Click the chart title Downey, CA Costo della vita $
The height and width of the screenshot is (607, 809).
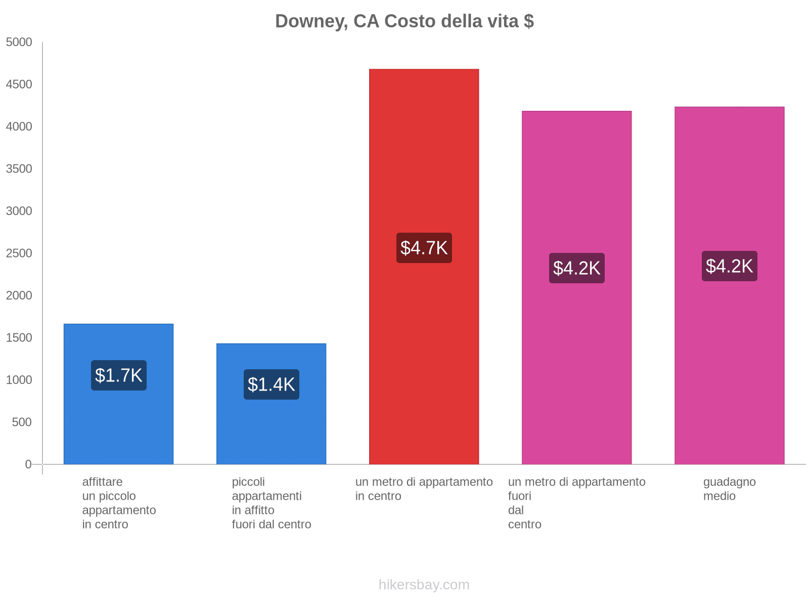click(x=404, y=21)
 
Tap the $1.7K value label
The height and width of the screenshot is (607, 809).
click(x=119, y=375)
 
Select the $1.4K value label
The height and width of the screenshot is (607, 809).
click(x=272, y=384)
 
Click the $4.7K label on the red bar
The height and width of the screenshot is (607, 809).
click(x=424, y=248)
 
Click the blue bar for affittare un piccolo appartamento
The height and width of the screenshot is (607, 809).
click(x=119, y=430)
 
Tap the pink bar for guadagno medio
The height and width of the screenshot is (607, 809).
click(x=729, y=354)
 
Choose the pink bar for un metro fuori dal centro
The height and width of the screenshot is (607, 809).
click(x=576, y=354)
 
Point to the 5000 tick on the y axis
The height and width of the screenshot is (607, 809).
click(x=19, y=42)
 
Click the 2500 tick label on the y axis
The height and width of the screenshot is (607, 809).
click(x=19, y=253)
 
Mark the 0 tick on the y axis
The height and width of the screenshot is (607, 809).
click(x=28, y=464)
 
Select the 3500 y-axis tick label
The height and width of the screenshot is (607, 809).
click(x=19, y=169)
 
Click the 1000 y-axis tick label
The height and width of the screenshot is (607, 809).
click(x=19, y=380)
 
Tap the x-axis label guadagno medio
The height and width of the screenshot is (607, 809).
click(x=729, y=489)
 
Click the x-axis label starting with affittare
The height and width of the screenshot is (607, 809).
click(x=119, y=503)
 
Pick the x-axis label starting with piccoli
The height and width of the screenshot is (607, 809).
click(x=272, y=503)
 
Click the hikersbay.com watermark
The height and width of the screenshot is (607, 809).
click(x=424, y=585)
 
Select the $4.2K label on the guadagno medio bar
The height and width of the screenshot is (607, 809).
click(x=729, y=266)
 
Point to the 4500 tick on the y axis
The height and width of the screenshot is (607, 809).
click(x=19, y=84)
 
